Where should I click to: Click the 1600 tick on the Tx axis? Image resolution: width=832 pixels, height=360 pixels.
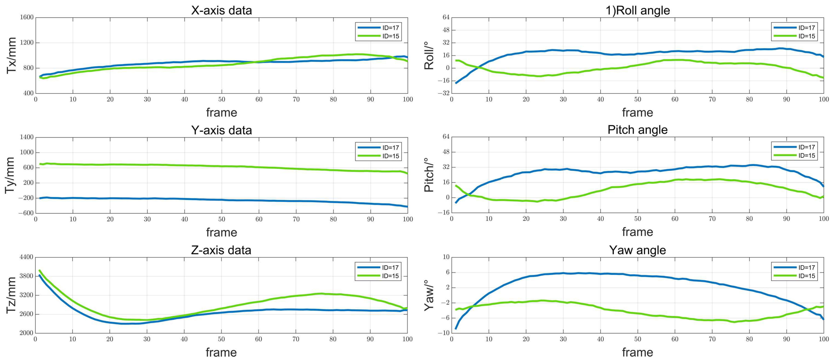[27, 17]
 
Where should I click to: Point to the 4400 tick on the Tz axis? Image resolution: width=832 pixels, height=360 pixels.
[26, 257]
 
